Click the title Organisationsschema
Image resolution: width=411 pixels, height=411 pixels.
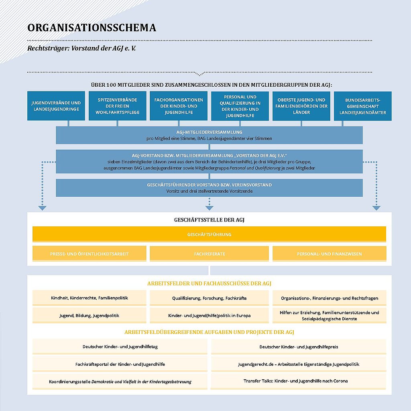92,28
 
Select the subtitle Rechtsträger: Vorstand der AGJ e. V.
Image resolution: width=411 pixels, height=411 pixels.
84,48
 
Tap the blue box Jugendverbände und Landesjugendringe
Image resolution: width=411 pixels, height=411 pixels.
56,106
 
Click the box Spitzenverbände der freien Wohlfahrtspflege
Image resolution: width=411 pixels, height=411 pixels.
118,106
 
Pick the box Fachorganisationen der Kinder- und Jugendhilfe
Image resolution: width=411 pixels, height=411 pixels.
179,106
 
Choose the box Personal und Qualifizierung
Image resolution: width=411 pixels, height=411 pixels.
240,106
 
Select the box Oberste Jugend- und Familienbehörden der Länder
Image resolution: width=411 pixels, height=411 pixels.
301,106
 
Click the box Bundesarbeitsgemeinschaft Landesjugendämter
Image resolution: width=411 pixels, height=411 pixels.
363,106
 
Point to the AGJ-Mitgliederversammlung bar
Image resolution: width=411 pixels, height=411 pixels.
209,135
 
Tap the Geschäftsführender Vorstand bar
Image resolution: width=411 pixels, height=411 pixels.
209,187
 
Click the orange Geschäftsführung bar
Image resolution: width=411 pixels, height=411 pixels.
209,234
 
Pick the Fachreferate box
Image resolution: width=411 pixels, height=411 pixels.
209,254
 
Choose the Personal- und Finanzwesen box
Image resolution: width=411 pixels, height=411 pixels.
329,254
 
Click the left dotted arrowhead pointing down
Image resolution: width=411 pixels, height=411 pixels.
43,208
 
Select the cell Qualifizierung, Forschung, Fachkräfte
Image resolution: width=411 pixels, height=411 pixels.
209,298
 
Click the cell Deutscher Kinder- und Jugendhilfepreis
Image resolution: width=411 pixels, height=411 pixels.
299,346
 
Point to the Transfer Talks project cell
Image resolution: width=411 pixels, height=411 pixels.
299,380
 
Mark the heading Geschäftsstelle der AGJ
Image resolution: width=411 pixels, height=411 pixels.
209,220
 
